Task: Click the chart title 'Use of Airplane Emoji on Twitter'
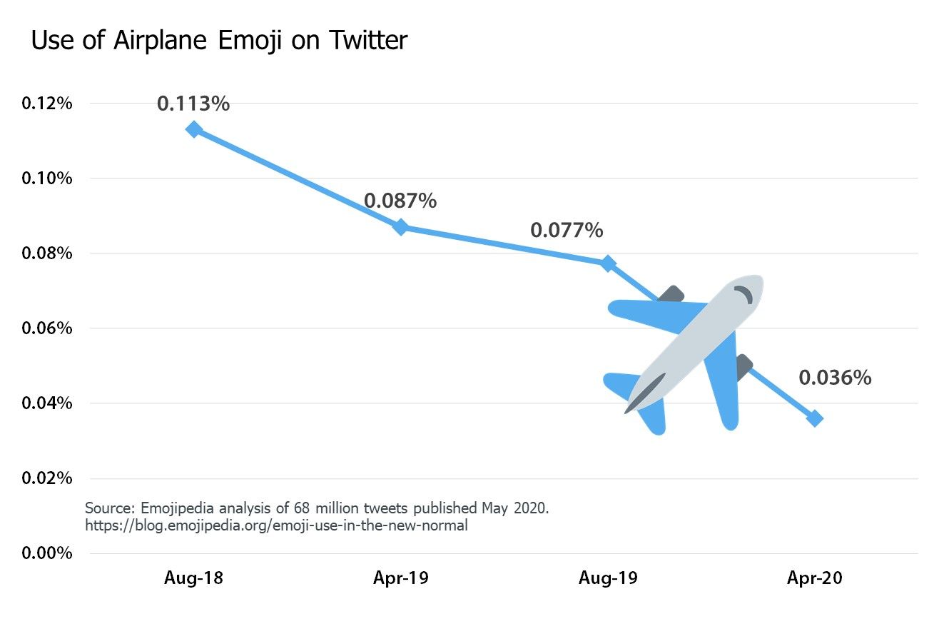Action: [219, 41]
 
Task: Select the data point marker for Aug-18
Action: [193, 129]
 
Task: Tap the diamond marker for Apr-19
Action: [400, 227]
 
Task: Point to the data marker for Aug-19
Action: [608, 263]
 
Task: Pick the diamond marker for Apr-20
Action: [815, 418]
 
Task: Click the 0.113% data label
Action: [193, 104]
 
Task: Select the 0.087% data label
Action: [400, 201]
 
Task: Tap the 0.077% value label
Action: [567, 231]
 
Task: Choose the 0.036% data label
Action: [835, 378]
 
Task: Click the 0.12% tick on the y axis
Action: [47, 104]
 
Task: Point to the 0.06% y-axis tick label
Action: [47, 328]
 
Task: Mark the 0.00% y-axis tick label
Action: [47, 553]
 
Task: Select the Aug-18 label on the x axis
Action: [193, 578]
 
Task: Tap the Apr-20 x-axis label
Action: [815, 578]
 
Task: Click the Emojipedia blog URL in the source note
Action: [276, 525]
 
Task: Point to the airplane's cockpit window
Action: [744, 293]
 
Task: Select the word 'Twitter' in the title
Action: [368, 41]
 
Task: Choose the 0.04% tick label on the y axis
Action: [47, 403]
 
